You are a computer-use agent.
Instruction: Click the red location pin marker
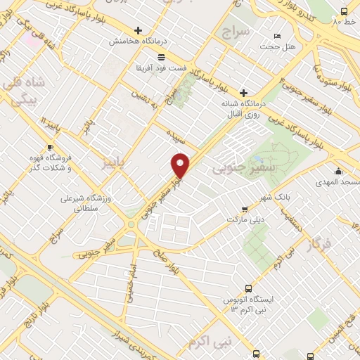[181, 165]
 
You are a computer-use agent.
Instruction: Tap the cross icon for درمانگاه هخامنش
[138, 30]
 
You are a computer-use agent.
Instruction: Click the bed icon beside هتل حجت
[277, 35]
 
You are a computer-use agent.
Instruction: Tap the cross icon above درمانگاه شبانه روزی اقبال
[243, 93]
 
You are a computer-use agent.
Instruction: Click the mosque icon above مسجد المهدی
[338, 171]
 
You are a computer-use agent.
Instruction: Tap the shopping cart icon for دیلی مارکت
[244, 209]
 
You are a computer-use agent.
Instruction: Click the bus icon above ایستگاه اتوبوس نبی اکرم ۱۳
[248, 288]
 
